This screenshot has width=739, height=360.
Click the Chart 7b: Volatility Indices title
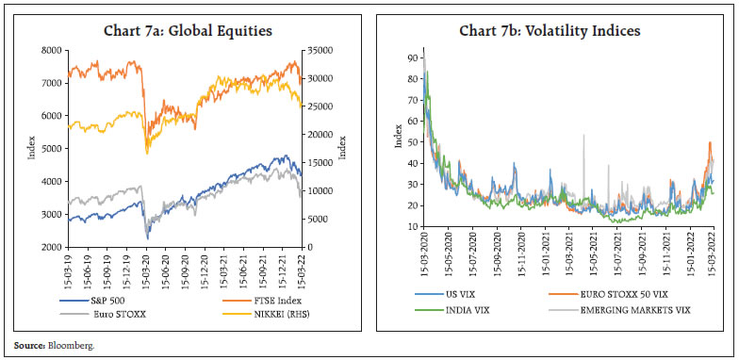coord(550,31)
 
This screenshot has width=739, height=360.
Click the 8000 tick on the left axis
coord(51,50)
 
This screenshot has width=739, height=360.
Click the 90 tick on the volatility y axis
coord(410,58)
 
